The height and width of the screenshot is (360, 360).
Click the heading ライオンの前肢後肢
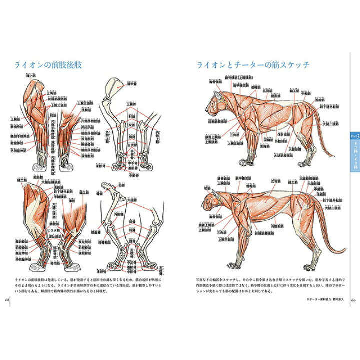49,65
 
